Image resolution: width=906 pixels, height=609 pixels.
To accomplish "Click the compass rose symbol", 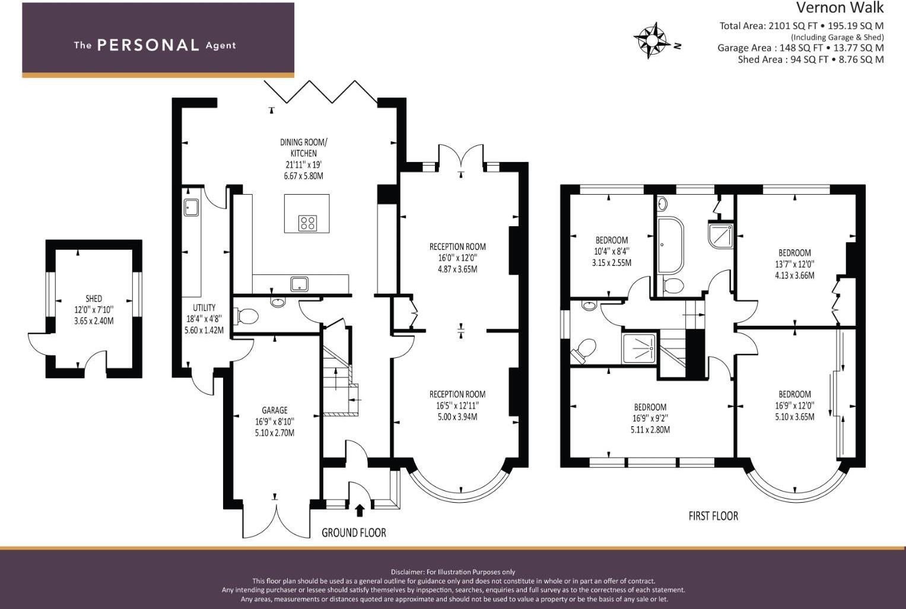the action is click(x=651, y=40).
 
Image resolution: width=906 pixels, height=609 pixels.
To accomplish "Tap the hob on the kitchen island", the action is click(x=307, y=223).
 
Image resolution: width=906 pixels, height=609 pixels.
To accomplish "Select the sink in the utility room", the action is click(x=191, y=208).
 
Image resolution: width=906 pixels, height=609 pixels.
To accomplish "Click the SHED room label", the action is click(x=93, y=299).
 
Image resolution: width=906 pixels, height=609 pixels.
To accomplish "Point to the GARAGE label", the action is click(x=274, y=410).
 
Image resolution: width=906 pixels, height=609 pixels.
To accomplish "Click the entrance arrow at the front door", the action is click(x=359, y=510).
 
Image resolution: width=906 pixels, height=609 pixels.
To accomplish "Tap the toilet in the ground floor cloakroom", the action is click(x=247, y=316).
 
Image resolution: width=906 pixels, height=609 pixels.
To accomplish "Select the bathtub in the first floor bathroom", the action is click(x=670, y=245).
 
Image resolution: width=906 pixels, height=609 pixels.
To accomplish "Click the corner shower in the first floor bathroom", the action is click(x=721, y=235).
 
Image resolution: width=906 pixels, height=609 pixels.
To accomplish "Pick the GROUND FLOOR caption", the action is click(x=354, y=533).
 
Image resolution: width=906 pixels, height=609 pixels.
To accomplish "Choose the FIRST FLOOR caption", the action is click(x=713, y=516).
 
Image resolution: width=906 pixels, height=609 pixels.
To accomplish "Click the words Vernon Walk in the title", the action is click(x=840, y=8).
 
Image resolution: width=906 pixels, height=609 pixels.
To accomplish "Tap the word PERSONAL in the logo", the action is click(x=148, y=45).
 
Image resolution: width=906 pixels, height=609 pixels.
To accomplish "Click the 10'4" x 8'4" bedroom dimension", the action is click(x=612, y=251).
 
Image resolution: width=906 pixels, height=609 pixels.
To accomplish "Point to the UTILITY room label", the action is click(x=204, y=307).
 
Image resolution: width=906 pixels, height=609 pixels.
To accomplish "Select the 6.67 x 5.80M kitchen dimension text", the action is click(x=303, y=176).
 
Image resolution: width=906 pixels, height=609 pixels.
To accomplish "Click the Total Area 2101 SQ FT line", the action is click(x=801, y=26).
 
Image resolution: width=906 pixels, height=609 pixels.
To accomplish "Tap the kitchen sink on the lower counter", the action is click(x=299, y=284).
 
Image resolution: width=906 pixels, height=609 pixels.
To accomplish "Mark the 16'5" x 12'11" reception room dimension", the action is click(x=457, y=405).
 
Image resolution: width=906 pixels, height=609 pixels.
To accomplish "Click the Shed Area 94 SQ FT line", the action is click(x=810, y=59).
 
